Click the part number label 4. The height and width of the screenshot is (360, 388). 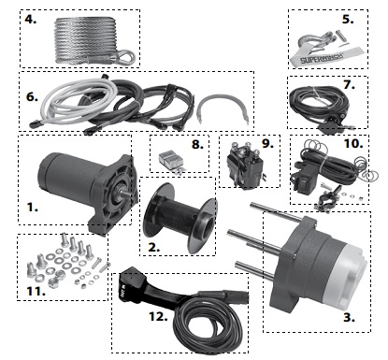point(31,20)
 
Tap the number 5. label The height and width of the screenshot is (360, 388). point(348,20)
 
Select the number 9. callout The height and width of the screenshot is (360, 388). point(267,143)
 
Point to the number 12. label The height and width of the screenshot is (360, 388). point(158,316)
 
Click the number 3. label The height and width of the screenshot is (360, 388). point(350,317)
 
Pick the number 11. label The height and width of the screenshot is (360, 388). point(36,291)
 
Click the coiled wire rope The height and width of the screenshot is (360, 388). point(86,39)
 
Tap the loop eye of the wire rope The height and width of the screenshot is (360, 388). point(127,57)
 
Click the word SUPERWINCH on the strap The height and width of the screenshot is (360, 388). point(322,58)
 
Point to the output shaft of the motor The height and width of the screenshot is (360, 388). point(125,195)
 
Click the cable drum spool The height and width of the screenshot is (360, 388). point(180,217)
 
